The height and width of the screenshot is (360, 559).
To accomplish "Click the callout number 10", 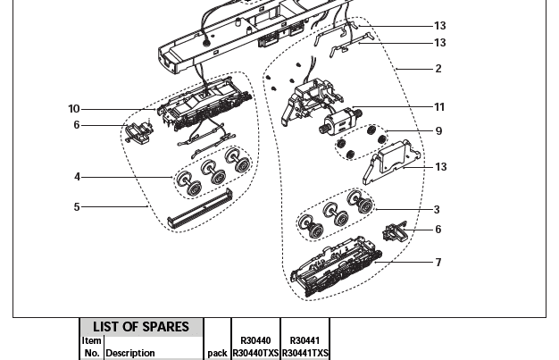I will click(74, 109).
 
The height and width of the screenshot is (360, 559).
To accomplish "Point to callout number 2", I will click(438, 69).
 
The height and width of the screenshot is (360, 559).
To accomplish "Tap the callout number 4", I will click(77, 177).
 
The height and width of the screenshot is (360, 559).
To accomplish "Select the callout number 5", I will click(77, 207).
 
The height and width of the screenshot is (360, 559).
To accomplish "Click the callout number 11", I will click(439, 107).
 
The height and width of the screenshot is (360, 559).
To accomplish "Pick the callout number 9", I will click(438, 131).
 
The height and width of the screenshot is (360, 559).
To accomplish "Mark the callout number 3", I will click(437, 210).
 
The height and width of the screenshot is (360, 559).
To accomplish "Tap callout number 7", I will click(438, 263).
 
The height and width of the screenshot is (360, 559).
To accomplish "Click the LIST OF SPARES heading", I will click(142, 327).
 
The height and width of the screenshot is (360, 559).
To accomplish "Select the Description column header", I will click(130, 353).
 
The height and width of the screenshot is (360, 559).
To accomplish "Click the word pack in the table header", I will click(217, 353).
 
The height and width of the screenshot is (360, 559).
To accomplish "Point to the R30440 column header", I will click(255, 340).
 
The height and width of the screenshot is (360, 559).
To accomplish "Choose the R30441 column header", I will click(305, 340).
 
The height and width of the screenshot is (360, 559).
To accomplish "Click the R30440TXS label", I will click(255, 353).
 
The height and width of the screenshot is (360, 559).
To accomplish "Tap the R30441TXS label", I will click(305, 353).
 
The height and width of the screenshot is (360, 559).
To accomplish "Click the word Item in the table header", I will click(91, 340).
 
